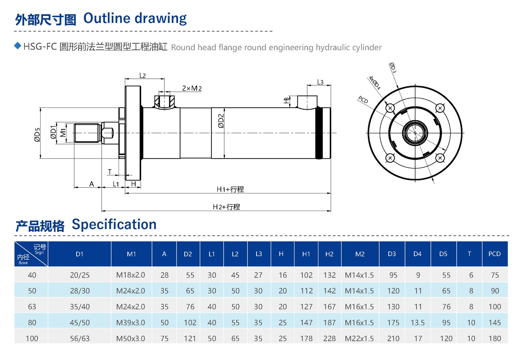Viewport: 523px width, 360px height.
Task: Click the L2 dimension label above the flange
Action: point(143,75)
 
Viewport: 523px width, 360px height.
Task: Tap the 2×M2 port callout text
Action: point(192,88)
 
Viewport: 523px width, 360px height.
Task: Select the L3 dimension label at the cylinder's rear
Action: point(320,82)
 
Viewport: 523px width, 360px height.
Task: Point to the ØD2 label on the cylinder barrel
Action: point(221,121)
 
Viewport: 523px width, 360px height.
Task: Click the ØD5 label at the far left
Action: point(37,134)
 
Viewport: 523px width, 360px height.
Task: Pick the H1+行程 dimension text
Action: point(230,189)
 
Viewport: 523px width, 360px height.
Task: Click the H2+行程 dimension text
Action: point(226,207)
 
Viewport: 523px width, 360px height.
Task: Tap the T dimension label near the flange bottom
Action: point(110,172)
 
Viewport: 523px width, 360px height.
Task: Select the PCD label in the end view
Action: point(363,100)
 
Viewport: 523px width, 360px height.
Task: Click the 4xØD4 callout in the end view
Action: point(374,83)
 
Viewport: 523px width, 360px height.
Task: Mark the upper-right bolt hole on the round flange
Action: point(440,108)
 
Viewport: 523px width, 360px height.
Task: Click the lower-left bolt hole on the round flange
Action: point(390,158)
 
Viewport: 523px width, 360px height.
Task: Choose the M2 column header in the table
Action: point(360,254)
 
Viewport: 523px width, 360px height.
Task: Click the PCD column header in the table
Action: point(494,254)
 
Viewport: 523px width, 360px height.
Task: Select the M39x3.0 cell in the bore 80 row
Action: point(130,322)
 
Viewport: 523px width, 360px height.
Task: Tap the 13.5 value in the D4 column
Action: point(417,322)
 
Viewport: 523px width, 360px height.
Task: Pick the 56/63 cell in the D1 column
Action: point(79,338)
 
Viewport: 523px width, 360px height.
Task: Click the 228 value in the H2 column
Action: point(329,338)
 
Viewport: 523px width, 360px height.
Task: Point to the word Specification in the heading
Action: point(114,224)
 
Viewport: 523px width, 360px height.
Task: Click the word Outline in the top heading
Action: point(107,18)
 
